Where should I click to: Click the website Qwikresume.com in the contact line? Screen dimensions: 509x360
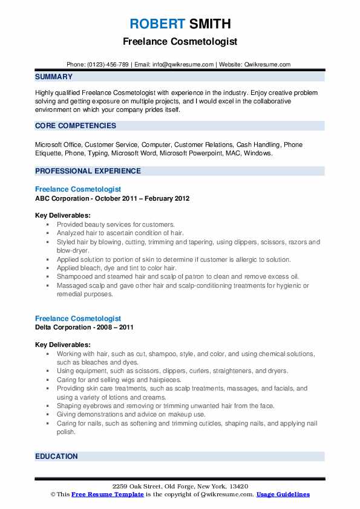click(x=267, y=64)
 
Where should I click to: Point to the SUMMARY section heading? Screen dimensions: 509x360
click(x=54, y=77)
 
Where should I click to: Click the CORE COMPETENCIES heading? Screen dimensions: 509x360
click(x=76, y=126)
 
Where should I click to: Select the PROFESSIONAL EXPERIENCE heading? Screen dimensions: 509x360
click(x=88, y=171)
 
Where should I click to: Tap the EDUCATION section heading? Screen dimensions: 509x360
click(x=56, y=456)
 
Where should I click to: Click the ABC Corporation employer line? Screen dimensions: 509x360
click(x=113, y=198)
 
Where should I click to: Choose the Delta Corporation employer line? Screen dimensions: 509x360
click(x=84, y=327)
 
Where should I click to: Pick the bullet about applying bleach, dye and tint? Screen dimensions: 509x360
click(x=116, y=268)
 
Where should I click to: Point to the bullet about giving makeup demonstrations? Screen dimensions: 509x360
click(x=131, y=415)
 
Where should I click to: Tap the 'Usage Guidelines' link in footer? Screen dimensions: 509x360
click(x=283, y=494)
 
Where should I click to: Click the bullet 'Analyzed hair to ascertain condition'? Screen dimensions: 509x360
click(x=120, y=233)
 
